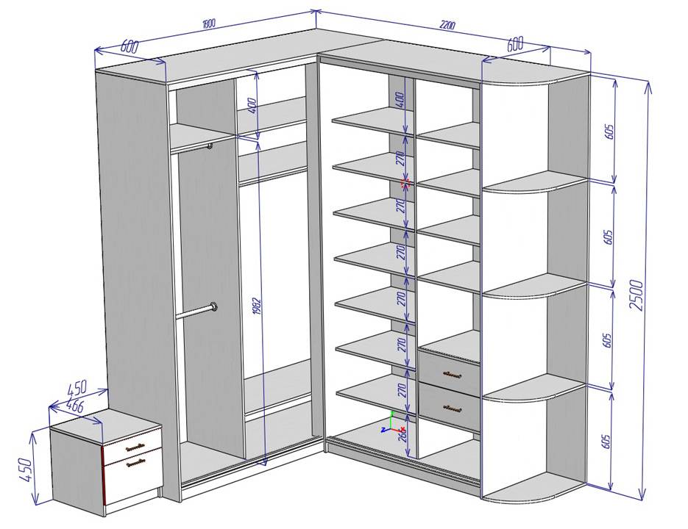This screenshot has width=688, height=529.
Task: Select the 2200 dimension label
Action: click(x=447, y=26)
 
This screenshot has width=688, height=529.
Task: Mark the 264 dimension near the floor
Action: click(x=402, y=436)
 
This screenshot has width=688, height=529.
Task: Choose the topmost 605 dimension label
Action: click(x=608, y=132)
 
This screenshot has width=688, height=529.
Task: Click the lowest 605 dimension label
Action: click(x=606, y=441)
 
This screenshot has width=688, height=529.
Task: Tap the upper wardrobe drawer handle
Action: click(x=450, y=374)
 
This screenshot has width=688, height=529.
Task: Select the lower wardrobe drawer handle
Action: click(x=450, y=406)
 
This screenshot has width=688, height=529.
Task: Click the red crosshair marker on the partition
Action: click(x=403, y=183)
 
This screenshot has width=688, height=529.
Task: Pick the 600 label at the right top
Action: click(x=514, y=44)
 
